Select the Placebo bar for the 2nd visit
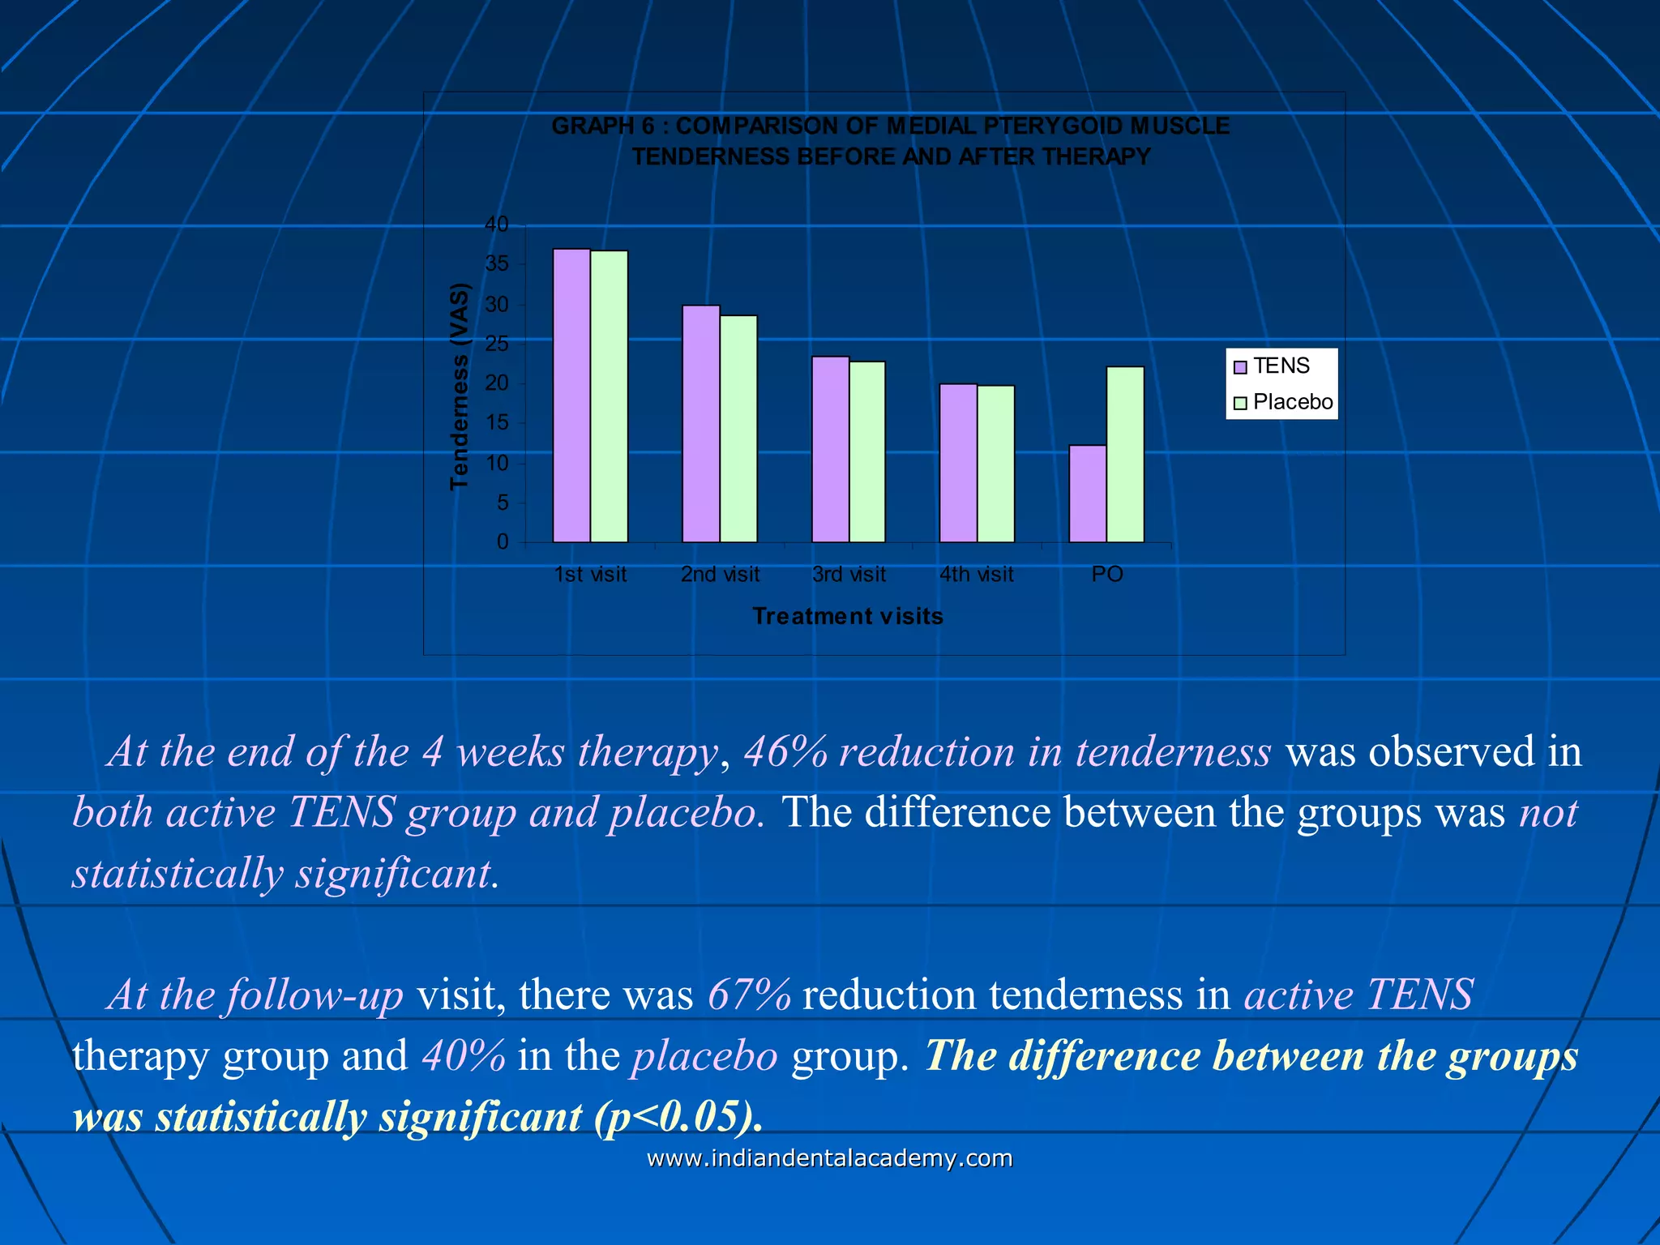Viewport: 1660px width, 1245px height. [x=738, y=429]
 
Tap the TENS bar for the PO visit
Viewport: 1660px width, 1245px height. [x=1088, y=494]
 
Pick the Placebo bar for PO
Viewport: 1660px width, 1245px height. [x=1125, y=455]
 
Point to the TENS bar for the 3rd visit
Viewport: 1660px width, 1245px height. [x=830, y=449]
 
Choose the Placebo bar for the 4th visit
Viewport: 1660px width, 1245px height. [x=995, y=464]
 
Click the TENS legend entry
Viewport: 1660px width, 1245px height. [x=1272, y=366]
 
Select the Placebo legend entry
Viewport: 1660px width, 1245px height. [x=1283, y=402]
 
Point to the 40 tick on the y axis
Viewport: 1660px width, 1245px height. [x=497, y=225]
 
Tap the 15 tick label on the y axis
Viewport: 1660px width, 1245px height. [x=497, y=423]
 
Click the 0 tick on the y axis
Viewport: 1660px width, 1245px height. [x=503, y=542]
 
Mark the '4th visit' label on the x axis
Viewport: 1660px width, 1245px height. [x=976, y=575]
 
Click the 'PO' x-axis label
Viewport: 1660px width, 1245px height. [x=1106, y=575]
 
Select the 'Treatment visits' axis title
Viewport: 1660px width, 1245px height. [x=848, y=617]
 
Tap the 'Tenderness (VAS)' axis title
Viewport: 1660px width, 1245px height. [x=460, y=387]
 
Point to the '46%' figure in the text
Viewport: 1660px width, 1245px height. [x=785, y=751]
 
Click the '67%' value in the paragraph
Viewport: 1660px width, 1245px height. [x=749, y=995]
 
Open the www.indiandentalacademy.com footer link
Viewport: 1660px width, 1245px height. [x=829, y=1158]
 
